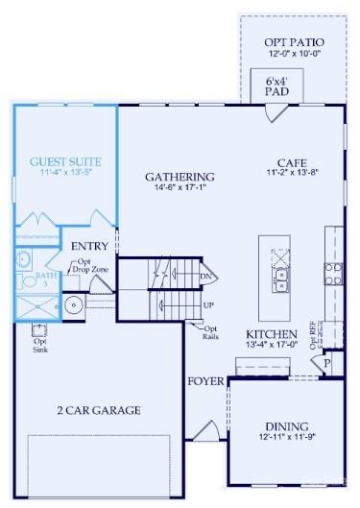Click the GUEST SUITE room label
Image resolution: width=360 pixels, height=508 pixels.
click(65, 161)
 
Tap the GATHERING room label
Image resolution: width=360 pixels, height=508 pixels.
click(180, 177)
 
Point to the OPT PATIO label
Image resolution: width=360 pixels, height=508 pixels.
click(294, 43)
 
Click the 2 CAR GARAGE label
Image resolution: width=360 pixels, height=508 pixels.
click(98, 410)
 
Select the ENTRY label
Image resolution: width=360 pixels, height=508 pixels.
click(89, 247)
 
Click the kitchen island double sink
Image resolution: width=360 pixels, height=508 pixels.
click(281, 280)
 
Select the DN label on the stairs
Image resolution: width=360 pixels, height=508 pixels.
click(206, 278)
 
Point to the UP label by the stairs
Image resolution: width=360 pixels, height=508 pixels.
click(208, 305)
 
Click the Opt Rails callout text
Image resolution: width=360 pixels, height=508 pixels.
click(210, 332)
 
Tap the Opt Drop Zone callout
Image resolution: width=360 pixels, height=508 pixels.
click(84, 267)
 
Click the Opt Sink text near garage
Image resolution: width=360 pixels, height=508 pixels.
click(40, 345)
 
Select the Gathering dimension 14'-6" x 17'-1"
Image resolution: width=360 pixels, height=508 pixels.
click(180, 189)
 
